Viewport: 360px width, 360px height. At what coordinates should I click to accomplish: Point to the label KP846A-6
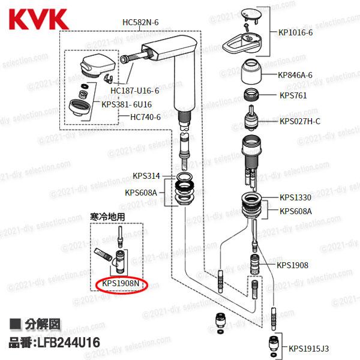(296, 76)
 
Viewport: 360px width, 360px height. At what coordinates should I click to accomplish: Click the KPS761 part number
(293, 95)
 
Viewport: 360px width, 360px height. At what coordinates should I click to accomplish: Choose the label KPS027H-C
(301, 121)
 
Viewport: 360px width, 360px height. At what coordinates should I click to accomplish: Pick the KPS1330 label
(296, 197)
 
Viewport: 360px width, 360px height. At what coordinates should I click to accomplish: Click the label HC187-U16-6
(135, 91)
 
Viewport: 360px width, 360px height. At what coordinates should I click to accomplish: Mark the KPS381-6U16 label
(127, 104)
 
